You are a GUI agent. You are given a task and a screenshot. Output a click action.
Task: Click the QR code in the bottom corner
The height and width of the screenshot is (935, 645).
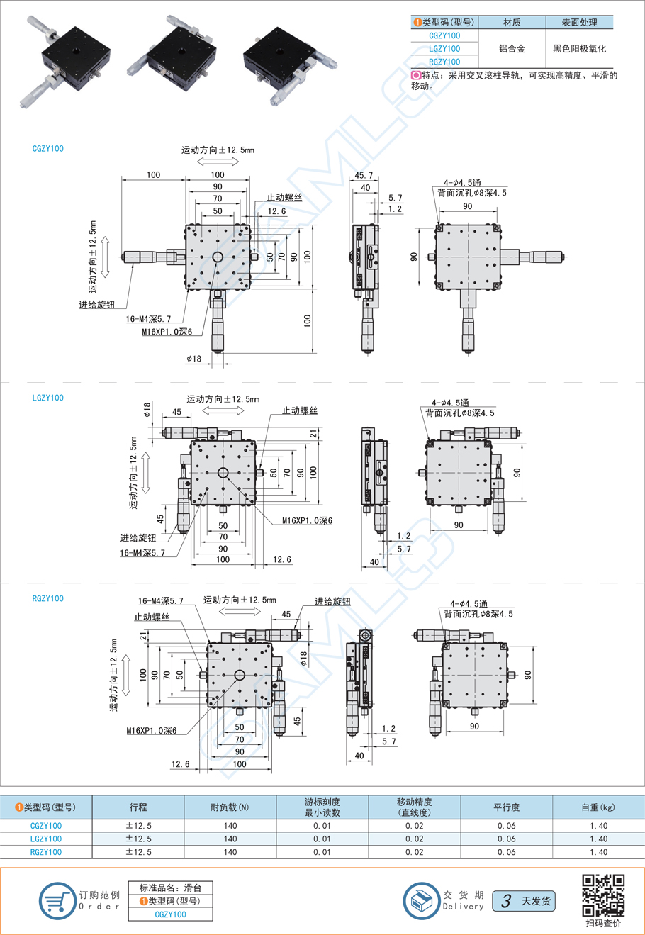pos(603,895)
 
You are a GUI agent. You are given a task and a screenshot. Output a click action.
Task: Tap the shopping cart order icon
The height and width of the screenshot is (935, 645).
pos(56,901)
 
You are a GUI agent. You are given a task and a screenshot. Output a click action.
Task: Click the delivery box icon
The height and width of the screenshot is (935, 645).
pos(421,901)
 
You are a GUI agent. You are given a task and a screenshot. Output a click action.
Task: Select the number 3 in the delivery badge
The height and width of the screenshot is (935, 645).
pos(506,901)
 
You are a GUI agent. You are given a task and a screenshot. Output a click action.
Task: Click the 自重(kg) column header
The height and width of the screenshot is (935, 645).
pos(598,807)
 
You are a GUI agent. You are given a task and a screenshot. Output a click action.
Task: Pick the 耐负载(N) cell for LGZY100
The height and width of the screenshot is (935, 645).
pos(230,839)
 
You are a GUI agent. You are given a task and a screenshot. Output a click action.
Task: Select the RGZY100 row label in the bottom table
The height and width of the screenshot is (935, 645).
pos(46,852)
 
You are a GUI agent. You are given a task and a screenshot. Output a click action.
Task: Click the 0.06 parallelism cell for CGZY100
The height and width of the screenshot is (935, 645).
pos(506,826)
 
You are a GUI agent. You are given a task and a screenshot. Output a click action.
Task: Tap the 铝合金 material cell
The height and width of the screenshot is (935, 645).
pos(512,49)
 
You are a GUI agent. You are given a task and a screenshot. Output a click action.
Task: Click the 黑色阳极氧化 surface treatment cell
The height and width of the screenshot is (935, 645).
pos(580,49)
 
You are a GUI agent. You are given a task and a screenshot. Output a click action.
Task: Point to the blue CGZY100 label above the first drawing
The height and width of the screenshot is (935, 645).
pos(48,149)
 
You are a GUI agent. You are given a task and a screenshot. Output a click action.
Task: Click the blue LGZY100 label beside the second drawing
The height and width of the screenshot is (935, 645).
pos(48,398)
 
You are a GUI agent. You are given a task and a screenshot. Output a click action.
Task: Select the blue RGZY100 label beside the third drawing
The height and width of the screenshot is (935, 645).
pos(48,598)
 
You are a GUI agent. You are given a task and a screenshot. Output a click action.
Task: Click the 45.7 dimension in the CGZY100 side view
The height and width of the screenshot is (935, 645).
pos(364,175)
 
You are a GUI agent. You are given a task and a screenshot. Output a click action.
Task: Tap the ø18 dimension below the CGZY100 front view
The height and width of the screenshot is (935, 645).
pos(193,359)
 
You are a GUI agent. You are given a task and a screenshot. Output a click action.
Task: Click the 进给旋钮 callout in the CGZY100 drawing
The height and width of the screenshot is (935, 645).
pos(96,305)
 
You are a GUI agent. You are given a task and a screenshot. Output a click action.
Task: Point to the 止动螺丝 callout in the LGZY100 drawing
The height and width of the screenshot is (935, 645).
pos(300,410)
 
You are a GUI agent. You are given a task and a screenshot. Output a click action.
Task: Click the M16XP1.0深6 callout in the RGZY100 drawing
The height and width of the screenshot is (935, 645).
pos(152,730)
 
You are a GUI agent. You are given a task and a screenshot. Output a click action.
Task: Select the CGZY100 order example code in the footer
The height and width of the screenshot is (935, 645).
pos(170,914)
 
